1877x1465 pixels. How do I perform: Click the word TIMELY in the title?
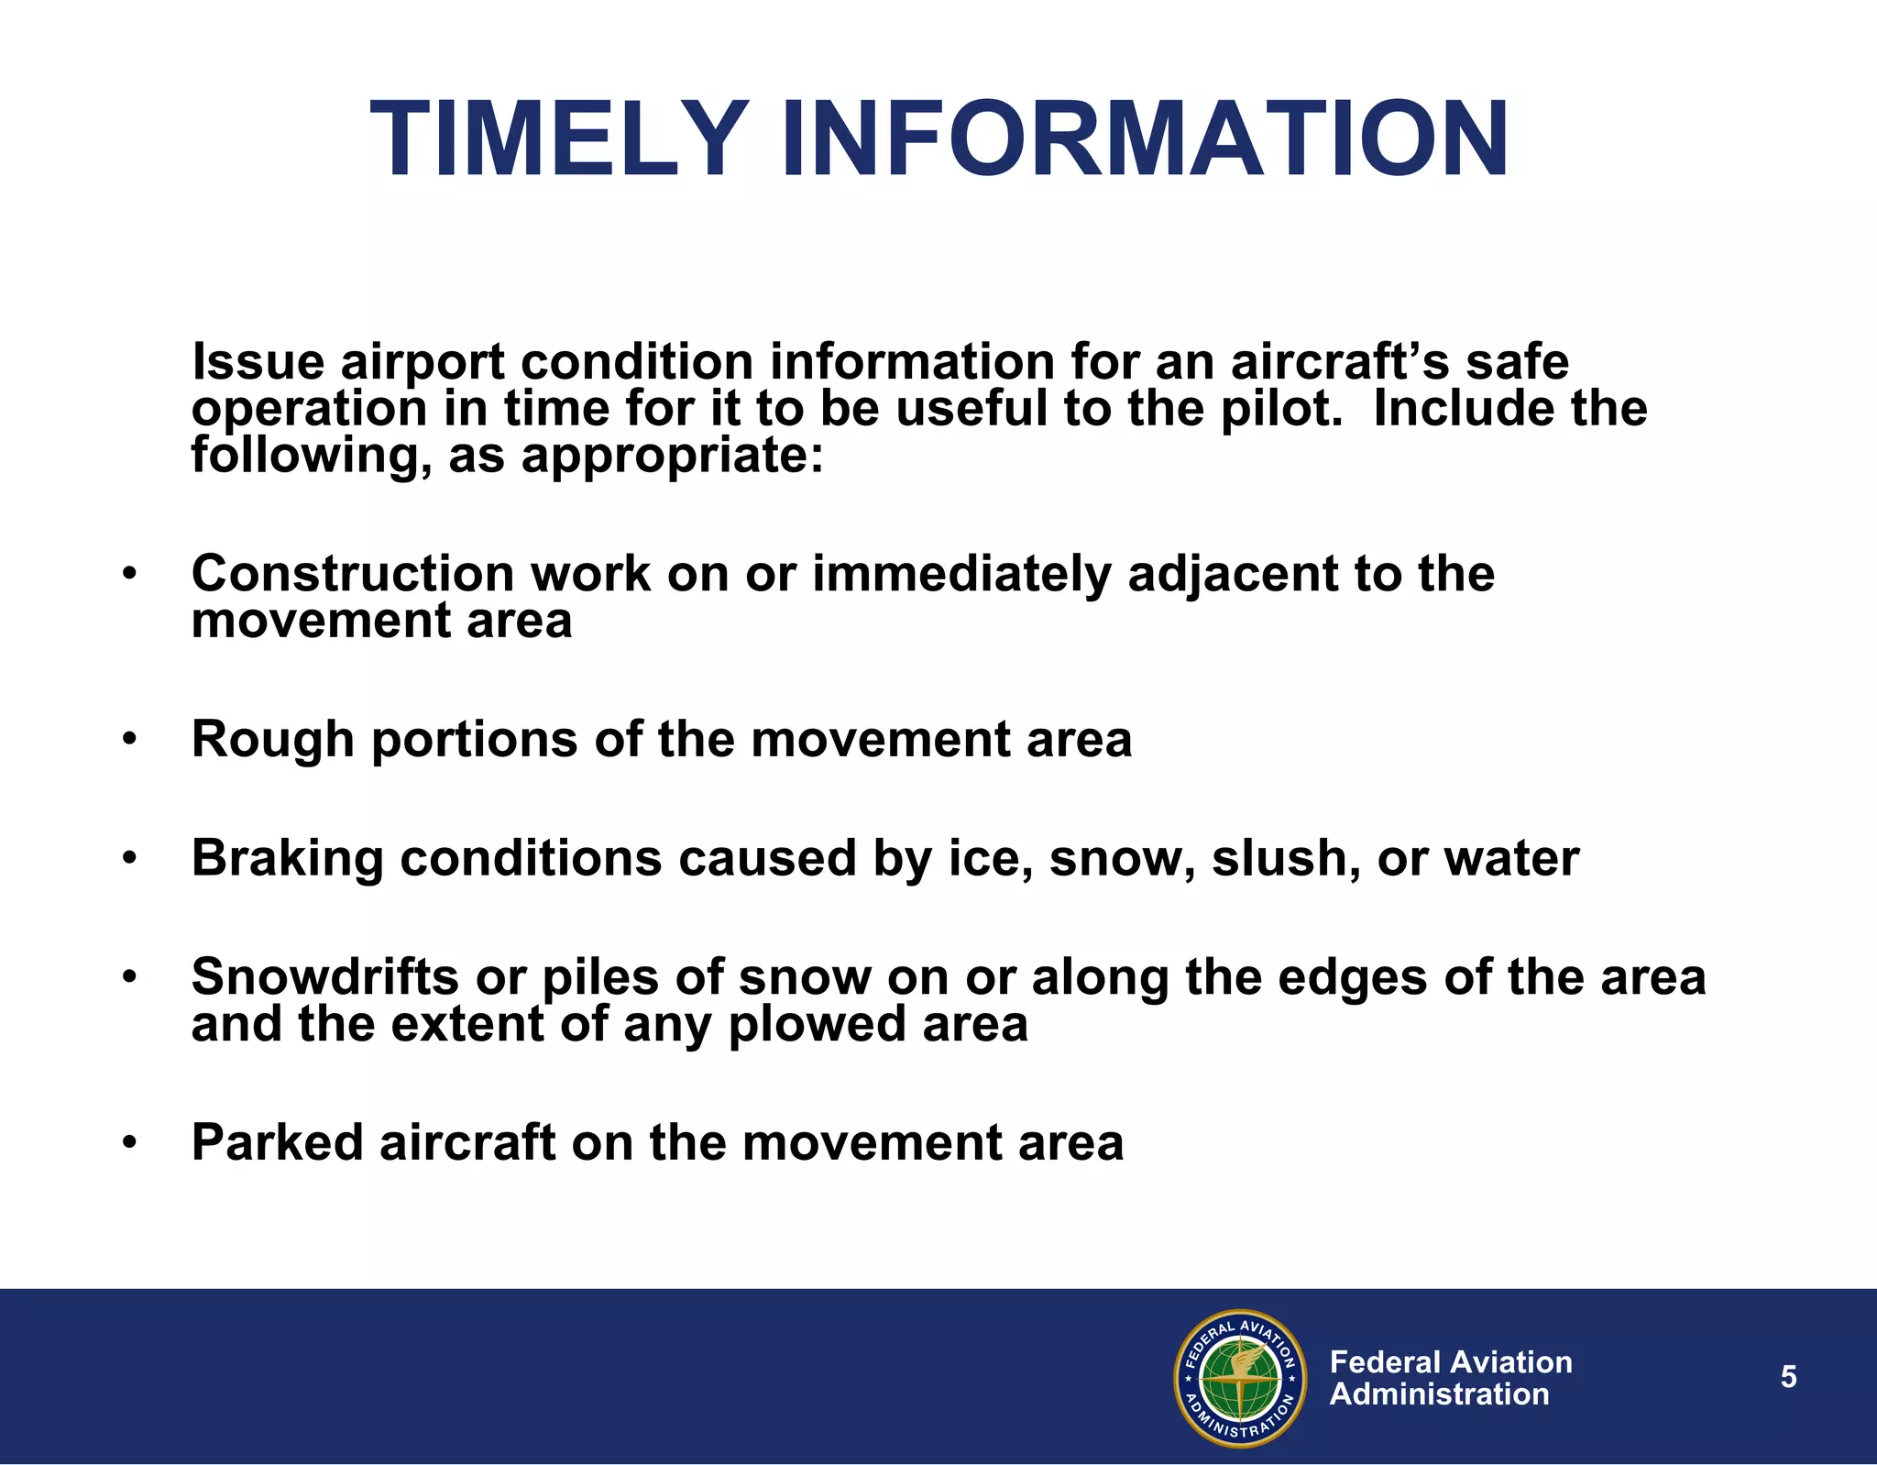click(x=559, y=139)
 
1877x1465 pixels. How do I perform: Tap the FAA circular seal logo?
click(x=1240, y=1378)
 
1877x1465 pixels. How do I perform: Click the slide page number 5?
click(x=1788, y=1377)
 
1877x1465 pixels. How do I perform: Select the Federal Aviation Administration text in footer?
click(x=1450, y=1378)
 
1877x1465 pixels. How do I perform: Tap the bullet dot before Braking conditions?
click(x=129, y=860)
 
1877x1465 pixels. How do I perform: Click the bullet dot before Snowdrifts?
click(x=129, y=978)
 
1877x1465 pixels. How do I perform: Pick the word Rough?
click(x=272, y=739)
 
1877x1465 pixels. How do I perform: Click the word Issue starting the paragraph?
click(x=258, y=361)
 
